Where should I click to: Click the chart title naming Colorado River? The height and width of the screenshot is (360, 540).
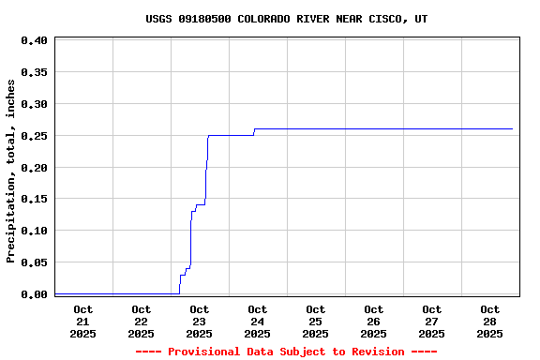coord(287,19)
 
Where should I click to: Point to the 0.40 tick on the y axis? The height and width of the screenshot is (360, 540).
coord(34,40)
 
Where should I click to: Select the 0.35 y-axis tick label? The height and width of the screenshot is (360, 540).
coord(34,72)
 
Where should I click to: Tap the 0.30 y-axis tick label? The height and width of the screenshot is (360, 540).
coord(34,104)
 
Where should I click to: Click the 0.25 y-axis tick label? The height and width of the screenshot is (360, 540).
coord(34,136)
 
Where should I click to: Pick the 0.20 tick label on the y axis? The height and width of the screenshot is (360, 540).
coord(34,168)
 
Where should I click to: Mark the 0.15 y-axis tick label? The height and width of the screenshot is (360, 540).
coord(34,199)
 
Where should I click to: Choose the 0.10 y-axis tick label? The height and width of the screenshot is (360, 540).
coord(34,231)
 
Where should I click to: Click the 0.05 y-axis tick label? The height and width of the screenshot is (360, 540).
coord(34,262)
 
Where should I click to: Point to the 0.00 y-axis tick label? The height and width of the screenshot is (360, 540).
coord(34,294)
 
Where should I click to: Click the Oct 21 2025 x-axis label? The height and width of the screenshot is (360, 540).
coord(83,322)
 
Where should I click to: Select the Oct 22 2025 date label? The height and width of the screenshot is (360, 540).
coord(142,322)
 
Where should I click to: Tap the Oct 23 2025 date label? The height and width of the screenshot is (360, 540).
coord(200,322)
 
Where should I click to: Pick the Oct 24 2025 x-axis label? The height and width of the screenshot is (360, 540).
coord(258,322)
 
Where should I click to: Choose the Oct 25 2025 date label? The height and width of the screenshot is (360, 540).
coord(316,322)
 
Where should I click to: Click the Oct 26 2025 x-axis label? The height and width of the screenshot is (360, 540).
coord(374,322)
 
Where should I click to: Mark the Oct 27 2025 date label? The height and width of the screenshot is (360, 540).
coord(432,322)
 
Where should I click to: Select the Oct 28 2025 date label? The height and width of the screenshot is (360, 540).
coord(490,322)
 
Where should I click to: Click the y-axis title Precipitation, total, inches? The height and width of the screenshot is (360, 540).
coord(11,171)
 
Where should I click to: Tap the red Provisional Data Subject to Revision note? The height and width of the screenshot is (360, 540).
coord(287,352)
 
